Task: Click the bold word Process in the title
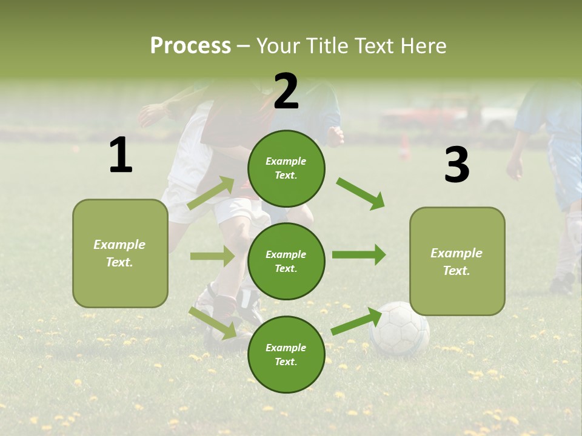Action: tap(190, 45)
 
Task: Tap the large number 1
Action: tap(121, 156)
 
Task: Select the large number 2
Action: tap(286, 91)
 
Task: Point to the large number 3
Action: tap(457, 165)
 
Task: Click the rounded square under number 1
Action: tap(120, 253)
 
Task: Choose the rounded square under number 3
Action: tap(457, 261)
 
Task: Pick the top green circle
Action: tap(286, 168)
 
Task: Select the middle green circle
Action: tap(286, 261)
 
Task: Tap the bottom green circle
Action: tap(286, 354)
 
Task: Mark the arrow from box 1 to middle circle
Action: tap(212, 256)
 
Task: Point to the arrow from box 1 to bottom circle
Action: tap(213, 323)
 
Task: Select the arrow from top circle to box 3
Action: tap(361, 193)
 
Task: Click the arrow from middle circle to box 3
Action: tap(359, 255)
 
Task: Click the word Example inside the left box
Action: tap(119, 245)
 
